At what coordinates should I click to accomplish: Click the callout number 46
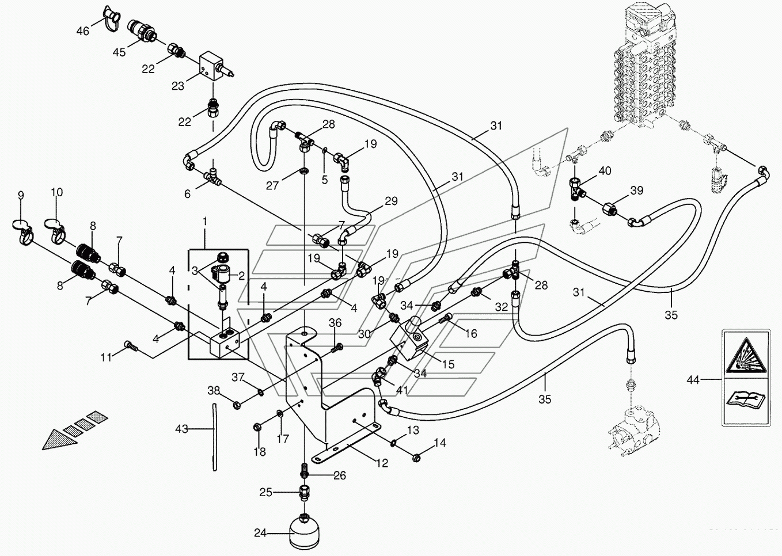point(83,31)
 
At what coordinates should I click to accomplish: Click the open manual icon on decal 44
point(746,400)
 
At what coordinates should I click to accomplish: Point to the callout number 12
point(382,463)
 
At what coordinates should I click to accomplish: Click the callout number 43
point(181,429)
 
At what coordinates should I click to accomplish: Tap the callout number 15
point(448,364)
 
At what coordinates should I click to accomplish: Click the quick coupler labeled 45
point(142,30)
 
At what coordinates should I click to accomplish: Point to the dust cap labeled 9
point(22,230)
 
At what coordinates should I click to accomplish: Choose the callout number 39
point(636,191)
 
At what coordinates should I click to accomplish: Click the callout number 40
point(605,171)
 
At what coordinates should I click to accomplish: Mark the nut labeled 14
point(416,457)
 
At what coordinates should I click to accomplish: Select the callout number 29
point(392,201)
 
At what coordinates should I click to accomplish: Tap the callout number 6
point(188,194)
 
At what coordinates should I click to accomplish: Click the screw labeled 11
point(131,346)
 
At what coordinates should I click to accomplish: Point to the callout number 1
point(205,221)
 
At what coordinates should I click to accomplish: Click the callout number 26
point(340,475)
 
